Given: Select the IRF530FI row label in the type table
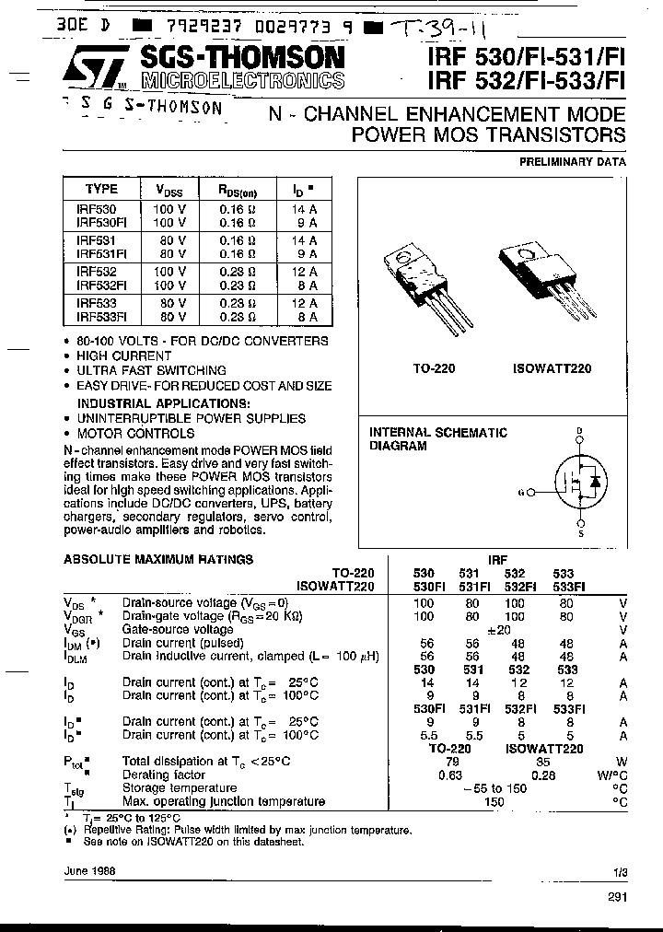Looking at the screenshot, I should click(102, 222).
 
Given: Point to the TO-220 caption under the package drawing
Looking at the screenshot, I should click(434, 367).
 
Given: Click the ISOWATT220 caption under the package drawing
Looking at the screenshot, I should click(552, 367).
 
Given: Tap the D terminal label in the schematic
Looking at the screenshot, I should click(579, 430).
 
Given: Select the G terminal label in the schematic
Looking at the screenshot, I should click(521, 493).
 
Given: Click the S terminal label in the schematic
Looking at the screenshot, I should click(579, 533).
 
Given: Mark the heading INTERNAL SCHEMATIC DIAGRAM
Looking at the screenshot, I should click(437, 439).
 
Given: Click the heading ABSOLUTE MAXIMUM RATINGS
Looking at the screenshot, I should click(157, 559).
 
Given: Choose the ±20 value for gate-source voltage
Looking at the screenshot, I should click(498, 629).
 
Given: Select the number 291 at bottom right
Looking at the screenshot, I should click(619, 898).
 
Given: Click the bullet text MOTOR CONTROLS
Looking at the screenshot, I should click(135, 433).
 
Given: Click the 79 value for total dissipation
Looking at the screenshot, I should click(451, 762).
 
